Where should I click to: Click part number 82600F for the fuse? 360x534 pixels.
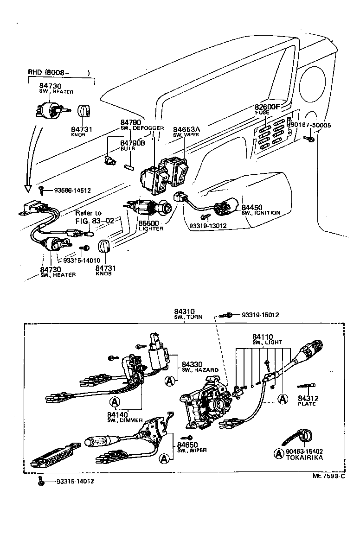tap(268, 107)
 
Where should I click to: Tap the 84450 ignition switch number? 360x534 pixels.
tap(252, 207)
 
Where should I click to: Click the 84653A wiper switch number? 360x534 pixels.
tap(186, 129)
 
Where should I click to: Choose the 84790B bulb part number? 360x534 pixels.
tap(133, 143)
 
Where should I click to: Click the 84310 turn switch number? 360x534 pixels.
tap(184, 311)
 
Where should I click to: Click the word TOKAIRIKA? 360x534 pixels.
tap(305, 458)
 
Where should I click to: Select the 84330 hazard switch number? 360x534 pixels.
tap(191, 364)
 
